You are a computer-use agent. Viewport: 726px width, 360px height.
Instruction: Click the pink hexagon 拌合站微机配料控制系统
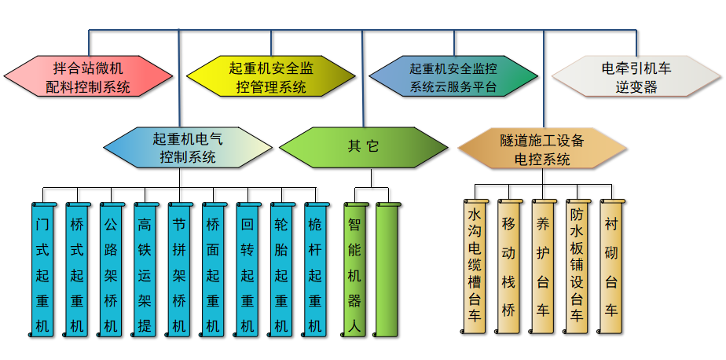point(88,77)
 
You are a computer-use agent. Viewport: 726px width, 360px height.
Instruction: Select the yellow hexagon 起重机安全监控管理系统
point(271,77)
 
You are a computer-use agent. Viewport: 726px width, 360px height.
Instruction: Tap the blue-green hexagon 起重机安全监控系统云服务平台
point(453,77)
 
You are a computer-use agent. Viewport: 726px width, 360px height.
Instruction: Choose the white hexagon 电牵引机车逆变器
point(636,77)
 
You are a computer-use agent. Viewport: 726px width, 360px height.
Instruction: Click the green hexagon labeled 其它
point(363,147)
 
